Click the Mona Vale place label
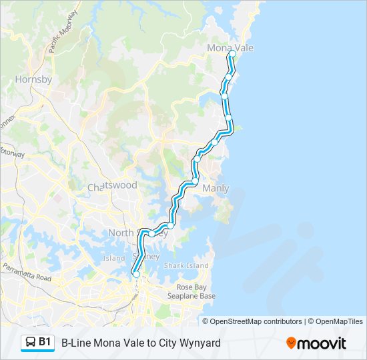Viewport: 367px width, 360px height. [x=230, y=48]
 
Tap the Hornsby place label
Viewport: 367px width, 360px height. [x=33, y=79]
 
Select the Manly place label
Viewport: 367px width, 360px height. [x=216, y=189]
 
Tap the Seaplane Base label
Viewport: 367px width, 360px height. [x=191, y=295]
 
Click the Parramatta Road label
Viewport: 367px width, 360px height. [x=27, y=273]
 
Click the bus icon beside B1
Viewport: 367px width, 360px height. [x=31, y=343]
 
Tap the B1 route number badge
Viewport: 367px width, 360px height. [x=45, y=342]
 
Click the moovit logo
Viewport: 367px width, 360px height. [x=316, y=343]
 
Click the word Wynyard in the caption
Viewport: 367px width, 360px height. [x=199, y=343]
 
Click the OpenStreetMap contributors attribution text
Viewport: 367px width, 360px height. [x=256, y=321]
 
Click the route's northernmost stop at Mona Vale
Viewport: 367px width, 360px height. [x=232, y=54]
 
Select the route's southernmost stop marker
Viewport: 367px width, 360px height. [x=136, y=274]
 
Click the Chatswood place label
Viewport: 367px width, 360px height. [x=112, y=186]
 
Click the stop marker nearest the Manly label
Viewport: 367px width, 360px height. [x=195, y=181]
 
